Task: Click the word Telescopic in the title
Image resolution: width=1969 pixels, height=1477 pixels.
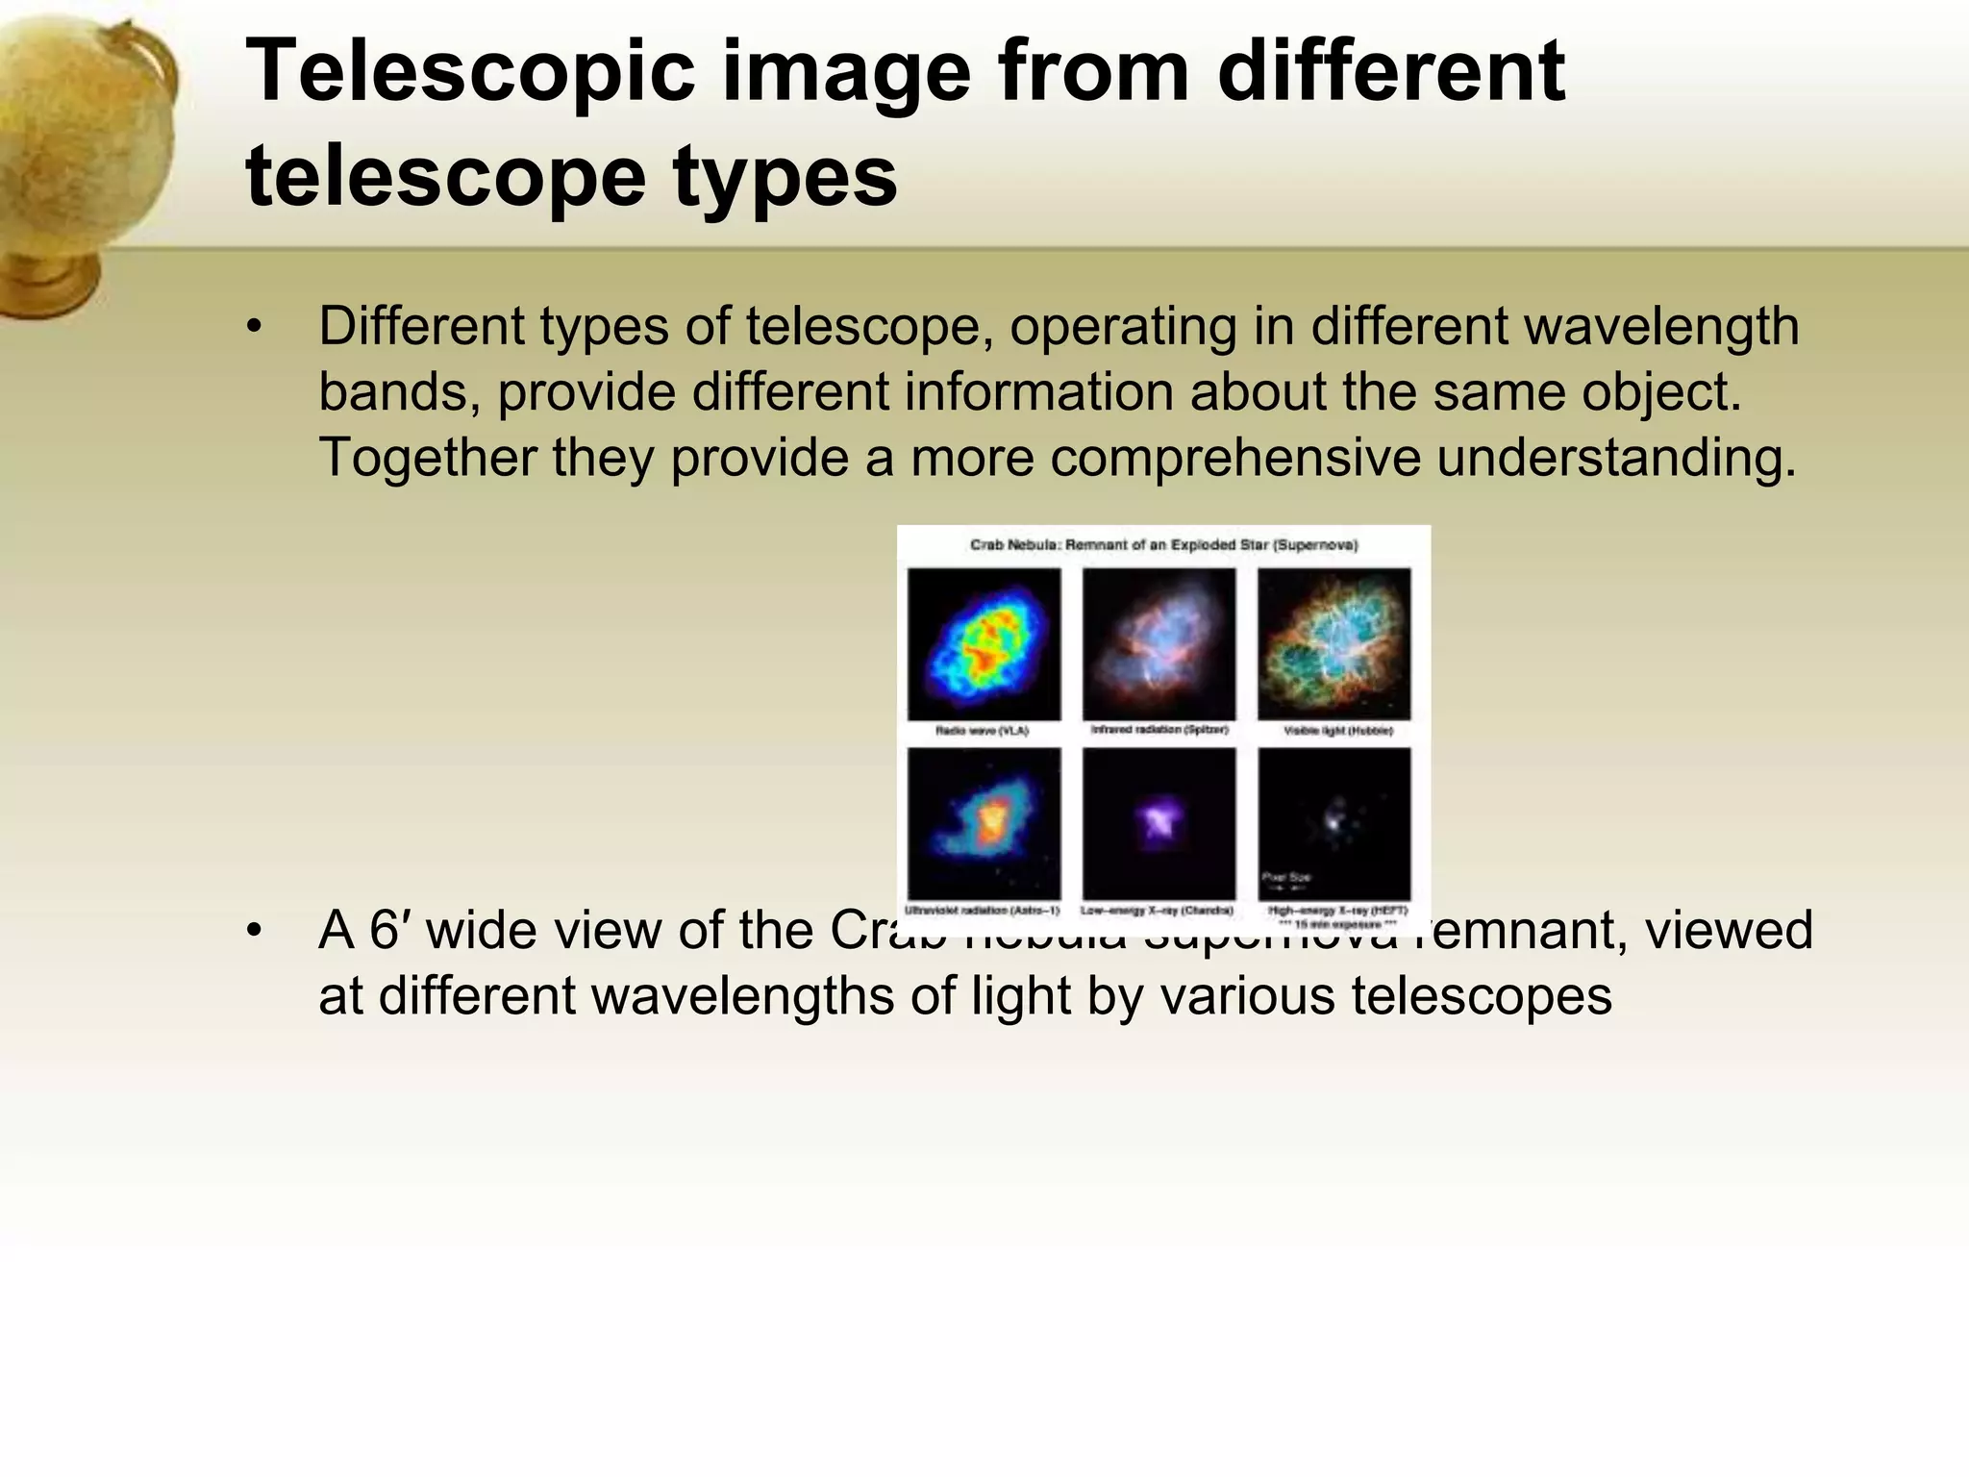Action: [x=469, y=72]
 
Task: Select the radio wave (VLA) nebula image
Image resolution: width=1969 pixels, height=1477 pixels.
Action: [x=984, y=643]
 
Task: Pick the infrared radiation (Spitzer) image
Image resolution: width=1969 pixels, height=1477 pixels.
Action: [x=1159, y=643]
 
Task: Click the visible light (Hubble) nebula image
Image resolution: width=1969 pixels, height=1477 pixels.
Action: [x=1333, y=643]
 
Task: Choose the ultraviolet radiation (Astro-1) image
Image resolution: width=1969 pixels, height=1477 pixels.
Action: [x=984, y=824]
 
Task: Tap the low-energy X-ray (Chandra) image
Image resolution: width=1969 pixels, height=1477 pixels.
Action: [x=1159, y=824]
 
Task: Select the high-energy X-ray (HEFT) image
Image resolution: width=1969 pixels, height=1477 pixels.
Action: [x=1333, y=824]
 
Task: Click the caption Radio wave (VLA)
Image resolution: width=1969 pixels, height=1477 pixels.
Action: [x=982, y=731]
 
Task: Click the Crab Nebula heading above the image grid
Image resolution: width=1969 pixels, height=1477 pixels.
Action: [x=1163, y=545]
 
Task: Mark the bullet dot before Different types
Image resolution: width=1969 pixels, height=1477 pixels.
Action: [x=254, y=328]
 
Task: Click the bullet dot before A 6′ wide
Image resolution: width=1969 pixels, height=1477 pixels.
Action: [x=254, y=931]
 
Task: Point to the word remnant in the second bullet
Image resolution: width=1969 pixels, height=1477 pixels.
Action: [x=1529, y=931]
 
